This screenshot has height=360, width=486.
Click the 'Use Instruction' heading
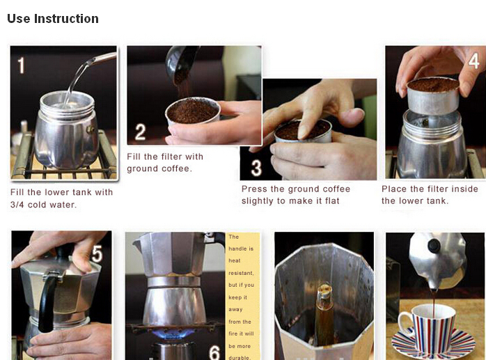[x=53, y=19]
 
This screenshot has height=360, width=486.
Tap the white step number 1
[x=21, y=65]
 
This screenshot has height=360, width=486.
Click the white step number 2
[x=140, y=132]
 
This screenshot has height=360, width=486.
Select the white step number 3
[x=256, y=168]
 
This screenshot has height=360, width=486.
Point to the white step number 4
[x=473, y=61]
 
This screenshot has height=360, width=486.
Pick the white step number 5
[x=97, y=254]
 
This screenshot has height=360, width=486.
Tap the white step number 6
[x=214, y=352]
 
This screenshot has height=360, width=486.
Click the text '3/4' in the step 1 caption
[x=17, y=205]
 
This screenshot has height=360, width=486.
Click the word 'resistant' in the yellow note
[x=241, y=273]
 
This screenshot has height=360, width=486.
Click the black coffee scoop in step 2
[x=180, y=65]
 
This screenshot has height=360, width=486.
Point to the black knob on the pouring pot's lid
[x=434, y=246]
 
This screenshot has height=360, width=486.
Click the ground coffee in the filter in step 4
[x=433, y=84]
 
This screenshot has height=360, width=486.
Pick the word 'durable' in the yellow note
[x=239, y=357]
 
